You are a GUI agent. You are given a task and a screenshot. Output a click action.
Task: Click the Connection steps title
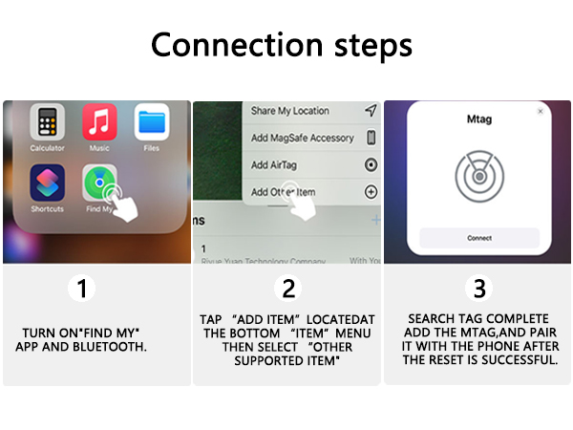[282, 44]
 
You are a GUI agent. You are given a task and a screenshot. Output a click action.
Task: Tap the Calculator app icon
[47, 123]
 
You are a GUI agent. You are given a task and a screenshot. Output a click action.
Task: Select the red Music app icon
[99, 122]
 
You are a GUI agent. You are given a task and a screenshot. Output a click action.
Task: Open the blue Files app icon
[151, 122]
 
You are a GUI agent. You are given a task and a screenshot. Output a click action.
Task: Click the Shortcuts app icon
[47, 183]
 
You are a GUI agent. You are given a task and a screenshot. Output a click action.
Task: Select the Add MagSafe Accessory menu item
[302, 138]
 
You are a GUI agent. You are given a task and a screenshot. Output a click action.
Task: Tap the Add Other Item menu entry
[283, 192]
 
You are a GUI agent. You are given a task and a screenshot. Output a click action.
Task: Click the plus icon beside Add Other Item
[371, 192]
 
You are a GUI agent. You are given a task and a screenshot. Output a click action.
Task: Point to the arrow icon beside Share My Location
[371, 111]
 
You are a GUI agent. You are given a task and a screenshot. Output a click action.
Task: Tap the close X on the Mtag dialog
[541, 112]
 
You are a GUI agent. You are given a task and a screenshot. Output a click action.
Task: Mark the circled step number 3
[477, 288]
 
